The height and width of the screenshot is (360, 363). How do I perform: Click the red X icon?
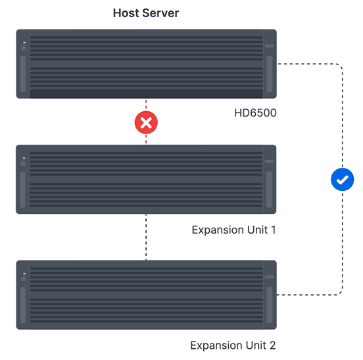(x=146, y=122)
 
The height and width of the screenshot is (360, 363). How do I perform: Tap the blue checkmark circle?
(x=343, y=180)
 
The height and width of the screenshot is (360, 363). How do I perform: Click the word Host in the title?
(x=126, y=13)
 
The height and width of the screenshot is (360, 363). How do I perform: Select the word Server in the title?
(x=160, y=13)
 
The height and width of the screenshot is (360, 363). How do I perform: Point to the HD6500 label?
(x=255, y=113)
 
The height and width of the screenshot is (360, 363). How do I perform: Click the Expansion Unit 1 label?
(x=234, y=230)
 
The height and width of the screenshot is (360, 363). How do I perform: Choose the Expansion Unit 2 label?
(x=233, y=346)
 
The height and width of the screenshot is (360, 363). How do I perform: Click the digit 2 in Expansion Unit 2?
(x=273, y=346)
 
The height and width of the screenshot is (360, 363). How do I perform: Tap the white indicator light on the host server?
(x=24, y=43)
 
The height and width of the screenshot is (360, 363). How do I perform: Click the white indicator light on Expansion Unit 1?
(x=24, y=158)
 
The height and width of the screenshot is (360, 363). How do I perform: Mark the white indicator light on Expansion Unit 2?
(x=24, y=274)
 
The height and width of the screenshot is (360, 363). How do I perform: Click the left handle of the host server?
(x=23, y=74)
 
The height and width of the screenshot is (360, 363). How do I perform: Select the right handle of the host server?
(x=270, y=74)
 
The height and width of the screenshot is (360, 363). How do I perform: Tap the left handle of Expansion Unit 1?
(x=22, y=190)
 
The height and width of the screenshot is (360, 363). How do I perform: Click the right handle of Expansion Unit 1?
(x=269, y=190)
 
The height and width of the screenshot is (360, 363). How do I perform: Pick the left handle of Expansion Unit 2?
(x=23, y=305)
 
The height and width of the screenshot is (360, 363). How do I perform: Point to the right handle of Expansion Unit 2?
(x=270, y=305)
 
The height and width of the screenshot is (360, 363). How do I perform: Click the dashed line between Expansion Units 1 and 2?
(x=146, y=237)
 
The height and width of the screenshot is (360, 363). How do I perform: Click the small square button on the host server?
(x=24, y=48)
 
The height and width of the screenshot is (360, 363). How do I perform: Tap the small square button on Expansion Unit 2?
(x=24, y=279)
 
